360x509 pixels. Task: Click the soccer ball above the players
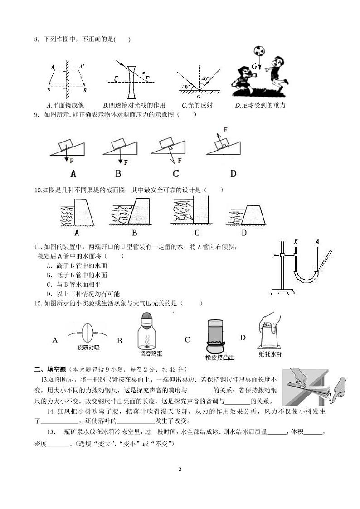259,50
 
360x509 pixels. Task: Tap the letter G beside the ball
255,66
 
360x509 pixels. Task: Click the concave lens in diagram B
131,82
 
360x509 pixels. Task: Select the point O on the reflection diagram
198,96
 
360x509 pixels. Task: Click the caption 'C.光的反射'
197,105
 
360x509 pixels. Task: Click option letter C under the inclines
176,173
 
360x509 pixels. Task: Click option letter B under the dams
134,233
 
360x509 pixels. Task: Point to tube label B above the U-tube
296,241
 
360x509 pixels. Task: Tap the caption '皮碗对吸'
88,348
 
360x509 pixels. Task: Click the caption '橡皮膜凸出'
220,358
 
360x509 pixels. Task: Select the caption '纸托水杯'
270,354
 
